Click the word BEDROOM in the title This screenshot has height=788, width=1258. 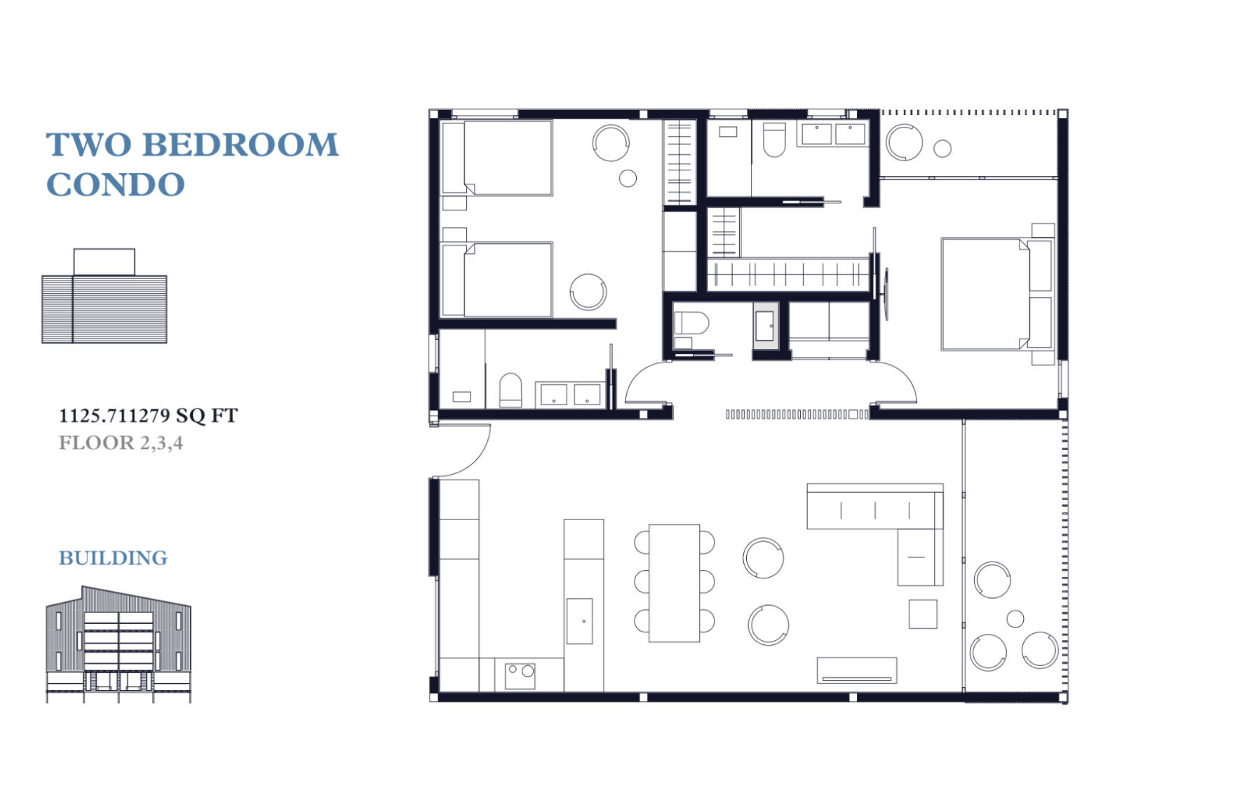241,145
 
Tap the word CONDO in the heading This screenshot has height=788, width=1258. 116,185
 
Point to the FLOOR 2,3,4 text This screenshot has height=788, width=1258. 121,443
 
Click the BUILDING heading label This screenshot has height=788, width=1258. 113,558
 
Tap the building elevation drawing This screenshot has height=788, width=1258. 119,644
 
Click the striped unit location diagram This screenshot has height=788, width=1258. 104,296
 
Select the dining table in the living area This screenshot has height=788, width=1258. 674,583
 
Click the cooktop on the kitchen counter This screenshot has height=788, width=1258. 520,676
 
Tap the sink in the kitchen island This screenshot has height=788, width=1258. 580,621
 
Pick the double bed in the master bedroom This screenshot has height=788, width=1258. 996,294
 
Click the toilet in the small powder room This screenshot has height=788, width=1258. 691,324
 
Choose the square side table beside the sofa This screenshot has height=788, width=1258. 923,614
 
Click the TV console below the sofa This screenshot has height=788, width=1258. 857,670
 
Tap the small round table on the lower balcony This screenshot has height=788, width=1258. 1015,619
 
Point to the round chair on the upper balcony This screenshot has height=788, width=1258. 905,142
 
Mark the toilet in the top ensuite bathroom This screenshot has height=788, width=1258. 774,140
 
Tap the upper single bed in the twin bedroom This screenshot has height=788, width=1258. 496,158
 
